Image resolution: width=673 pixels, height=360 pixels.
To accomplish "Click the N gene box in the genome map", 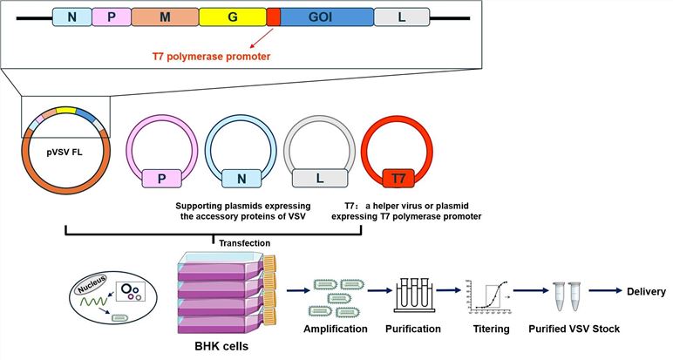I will click(72, 17).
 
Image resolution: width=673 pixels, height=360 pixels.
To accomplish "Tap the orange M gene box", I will click(165, 17).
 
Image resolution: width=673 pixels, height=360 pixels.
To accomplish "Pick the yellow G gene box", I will click(232, 17).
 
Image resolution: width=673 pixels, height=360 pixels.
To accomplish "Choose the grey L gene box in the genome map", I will click(401, 17).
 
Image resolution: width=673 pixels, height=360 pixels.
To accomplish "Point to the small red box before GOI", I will click(273, 17).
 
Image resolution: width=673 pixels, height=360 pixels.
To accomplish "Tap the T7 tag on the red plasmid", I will click(398, 179).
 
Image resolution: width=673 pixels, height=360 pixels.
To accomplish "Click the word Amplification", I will click(336, 329).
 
